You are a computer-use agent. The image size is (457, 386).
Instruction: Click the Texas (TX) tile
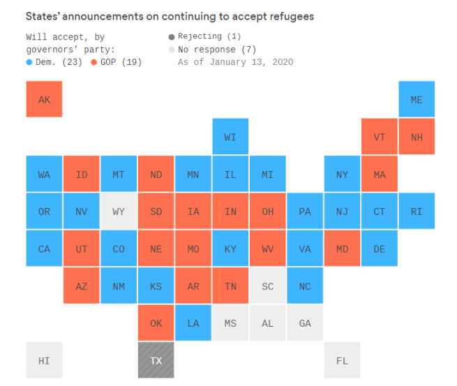[x=156, y=360]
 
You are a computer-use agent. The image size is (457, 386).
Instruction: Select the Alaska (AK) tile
[x=44, y=99]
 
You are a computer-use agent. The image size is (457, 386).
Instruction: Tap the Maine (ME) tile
[x=417, y=99]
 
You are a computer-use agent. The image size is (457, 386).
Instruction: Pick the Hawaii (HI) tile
[x=44, y=360]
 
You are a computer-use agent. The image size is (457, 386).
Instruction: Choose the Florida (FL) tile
[x=342, y=360]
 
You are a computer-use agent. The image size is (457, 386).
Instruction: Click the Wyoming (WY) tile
[x=119, y=211]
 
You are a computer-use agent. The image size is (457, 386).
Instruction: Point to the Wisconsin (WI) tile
[x=230, y=137]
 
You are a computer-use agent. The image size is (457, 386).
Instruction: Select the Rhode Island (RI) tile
[x=417, y=211]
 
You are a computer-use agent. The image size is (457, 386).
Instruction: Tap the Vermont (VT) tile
[x=380, y=137]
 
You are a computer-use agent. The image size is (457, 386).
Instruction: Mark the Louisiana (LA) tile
[x=193, y=323]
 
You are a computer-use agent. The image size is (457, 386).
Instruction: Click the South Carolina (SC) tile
[x=268, y=286]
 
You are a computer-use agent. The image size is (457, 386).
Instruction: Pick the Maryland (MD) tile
[x=342, y=248]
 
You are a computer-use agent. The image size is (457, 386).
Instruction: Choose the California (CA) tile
[x=44, y=248]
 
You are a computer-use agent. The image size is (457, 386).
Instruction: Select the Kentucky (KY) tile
[x=230, y=248]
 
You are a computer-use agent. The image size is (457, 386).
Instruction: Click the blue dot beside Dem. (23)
[x=29, y=62]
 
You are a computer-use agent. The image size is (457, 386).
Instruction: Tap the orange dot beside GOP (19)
[x=94, y=62]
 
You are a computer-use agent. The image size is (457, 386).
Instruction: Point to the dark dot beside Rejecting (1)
[x=172, y=36]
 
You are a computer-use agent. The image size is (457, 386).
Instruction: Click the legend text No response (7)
[x=217, y=50]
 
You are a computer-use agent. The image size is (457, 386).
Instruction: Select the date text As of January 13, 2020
[x=235, y=62]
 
